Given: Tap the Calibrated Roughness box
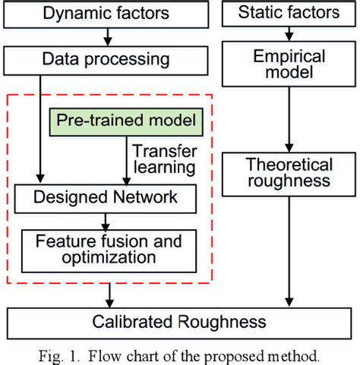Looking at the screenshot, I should pyautogui.click(x=181, y=319).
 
